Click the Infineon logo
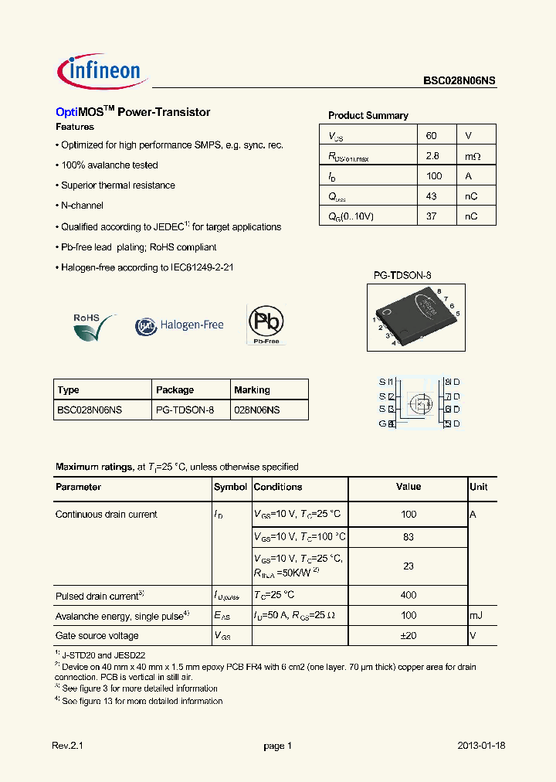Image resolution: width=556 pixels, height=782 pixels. coord(101,72)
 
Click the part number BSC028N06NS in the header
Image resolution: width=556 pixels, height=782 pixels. coord(459,80)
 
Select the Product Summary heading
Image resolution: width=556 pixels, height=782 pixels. coord(368,115)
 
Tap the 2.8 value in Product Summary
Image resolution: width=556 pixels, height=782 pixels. coord(432,156)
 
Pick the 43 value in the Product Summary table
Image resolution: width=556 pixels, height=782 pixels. coord(431,196)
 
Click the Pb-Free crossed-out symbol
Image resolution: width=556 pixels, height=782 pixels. coord(265,324)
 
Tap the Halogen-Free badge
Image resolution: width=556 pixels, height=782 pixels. coord(180,325)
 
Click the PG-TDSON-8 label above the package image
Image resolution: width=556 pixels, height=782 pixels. coord(402,275)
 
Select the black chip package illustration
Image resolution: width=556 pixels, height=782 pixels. coord(415,316)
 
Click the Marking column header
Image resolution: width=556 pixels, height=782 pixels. coord(252,389)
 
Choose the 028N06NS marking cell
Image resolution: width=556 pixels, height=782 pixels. coord(257,410)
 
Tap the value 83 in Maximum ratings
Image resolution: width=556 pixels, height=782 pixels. coord(409,537)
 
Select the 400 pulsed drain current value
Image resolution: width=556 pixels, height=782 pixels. coord(409,595)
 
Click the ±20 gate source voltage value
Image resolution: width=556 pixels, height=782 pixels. coord(409,635)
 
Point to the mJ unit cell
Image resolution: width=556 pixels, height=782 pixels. coord(476,615)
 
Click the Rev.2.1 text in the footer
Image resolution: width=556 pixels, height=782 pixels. coord(66,746)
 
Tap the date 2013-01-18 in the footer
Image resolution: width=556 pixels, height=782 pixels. coord(481,746)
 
